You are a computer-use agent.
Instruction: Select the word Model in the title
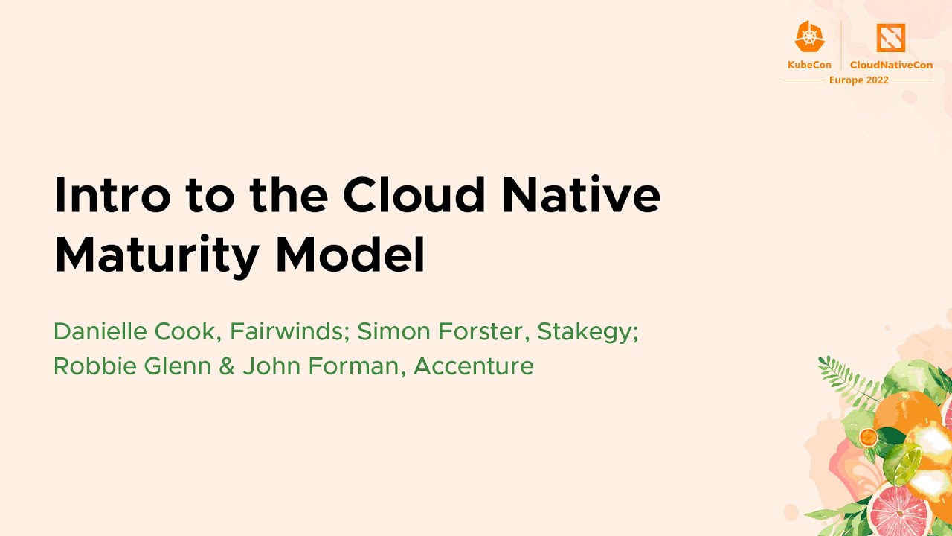click(x=350, y=255)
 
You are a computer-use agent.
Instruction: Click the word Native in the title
click(x=581, y=195)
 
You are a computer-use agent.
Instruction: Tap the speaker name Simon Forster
click(x=442, y=331)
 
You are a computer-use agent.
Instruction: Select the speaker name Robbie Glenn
click(x=132, y=366)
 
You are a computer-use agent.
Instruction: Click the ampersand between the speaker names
click(x=227, y=366)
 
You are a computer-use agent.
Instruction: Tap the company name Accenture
click(x=474, y=366)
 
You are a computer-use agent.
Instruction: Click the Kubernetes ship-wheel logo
click(x=809, y=36)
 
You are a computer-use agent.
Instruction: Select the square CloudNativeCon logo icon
click(x=890, y=37)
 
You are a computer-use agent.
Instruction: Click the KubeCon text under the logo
click(x=809, y=65)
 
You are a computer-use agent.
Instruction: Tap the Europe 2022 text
click(x=858, y=80)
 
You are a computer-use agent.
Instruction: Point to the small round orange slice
click(x=868, y=437)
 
